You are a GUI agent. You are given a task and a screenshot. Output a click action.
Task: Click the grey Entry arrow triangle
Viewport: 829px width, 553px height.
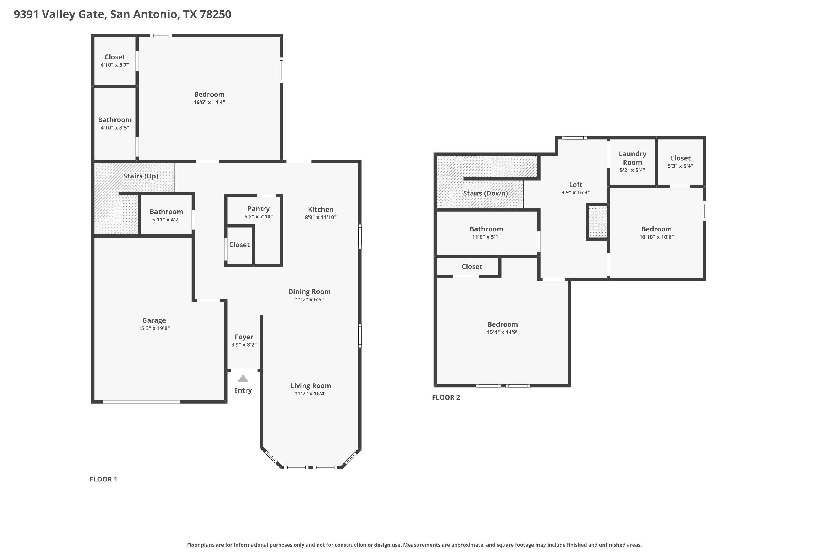click(243, 379)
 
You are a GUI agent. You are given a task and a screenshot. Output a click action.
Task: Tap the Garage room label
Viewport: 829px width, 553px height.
click(154, 320)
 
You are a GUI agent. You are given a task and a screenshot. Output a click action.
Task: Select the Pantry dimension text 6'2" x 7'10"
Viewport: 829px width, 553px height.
click(258, 216)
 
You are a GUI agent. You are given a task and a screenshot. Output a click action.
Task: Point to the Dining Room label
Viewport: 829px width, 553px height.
click(309, 292)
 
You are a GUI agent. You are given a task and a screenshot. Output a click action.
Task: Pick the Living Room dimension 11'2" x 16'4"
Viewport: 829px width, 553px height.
click(311, 393)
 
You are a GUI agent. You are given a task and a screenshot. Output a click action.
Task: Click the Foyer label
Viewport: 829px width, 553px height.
click(244, 337)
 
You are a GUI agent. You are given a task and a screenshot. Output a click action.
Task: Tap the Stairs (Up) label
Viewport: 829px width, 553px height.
click(141, 176)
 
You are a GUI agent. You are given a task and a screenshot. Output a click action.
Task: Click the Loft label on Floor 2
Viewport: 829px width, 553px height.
click(575, 184)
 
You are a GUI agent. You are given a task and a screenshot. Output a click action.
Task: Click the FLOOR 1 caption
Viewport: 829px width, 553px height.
click(103, 479)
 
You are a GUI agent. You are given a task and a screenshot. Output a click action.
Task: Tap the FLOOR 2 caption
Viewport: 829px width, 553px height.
click(446, 398)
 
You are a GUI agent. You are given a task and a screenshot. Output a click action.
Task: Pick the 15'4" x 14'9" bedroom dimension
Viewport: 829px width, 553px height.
click(503, 332)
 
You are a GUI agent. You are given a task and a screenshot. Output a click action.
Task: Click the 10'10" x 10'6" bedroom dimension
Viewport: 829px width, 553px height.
click(656, 237)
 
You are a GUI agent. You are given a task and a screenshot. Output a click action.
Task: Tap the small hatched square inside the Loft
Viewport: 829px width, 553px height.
click(598, 222)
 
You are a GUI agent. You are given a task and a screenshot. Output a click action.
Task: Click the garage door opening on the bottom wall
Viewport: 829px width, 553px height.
click(141, 402)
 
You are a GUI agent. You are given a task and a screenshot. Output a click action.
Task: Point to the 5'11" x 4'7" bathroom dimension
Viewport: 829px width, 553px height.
click(166, 219)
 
